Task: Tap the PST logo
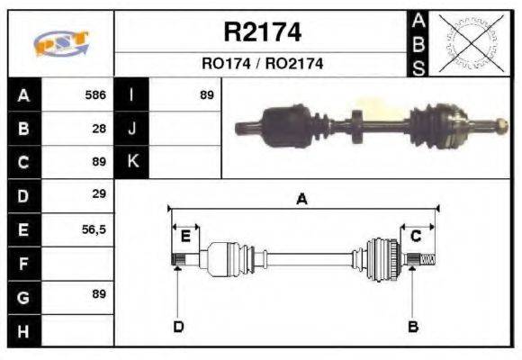(60, 43)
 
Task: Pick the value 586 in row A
(95, 94)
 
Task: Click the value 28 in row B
(100, 128)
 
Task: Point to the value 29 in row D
(100, 193)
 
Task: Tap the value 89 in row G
(99, 294)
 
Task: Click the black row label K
(131, 162)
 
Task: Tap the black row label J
(131, 128)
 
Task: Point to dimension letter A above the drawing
(301, 200)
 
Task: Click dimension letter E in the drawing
(184, 236)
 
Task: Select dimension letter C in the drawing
(416, 236)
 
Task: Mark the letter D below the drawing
(178, 327)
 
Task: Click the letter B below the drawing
(413, 327)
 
